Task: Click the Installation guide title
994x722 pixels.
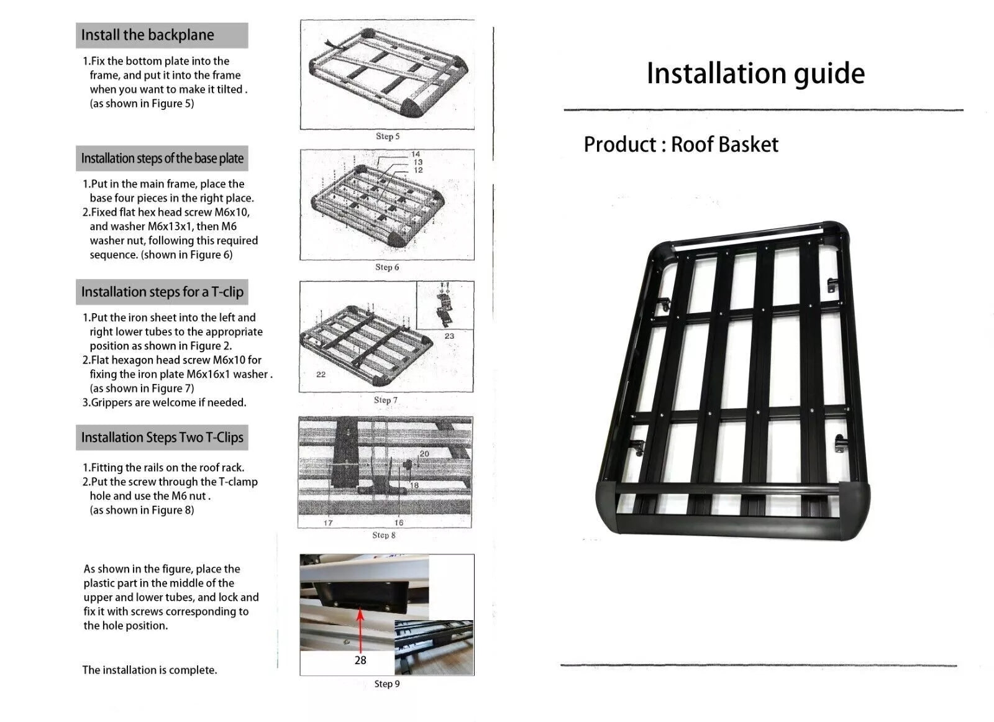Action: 755,73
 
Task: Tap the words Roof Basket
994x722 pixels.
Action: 724,144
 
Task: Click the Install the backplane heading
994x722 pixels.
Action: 148,35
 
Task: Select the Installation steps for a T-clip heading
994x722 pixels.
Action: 162,292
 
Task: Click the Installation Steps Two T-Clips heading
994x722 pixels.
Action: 162,437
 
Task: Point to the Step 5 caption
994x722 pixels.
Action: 388,136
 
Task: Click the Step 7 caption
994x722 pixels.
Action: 386,400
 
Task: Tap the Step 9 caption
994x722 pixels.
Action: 387,683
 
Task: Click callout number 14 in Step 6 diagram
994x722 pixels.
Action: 416,154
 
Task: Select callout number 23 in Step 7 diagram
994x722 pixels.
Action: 449,336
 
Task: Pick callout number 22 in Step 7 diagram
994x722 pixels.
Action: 321,374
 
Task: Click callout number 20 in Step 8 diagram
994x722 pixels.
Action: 424,454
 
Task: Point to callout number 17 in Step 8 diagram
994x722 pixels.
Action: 328,523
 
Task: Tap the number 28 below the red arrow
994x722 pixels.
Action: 360,660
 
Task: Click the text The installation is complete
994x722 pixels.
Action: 150,670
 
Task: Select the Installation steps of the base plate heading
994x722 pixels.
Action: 162,158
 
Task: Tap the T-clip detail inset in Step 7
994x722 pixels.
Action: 445,304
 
